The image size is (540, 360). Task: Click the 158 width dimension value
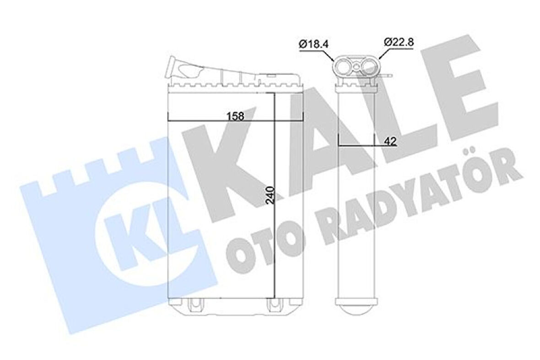pos(236,116)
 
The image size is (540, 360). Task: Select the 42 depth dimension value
pos(390,141)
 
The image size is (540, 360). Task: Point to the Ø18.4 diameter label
pos(315,44)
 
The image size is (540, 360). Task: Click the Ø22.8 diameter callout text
pos(399,42)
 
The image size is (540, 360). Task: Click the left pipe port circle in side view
pos(343,68)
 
